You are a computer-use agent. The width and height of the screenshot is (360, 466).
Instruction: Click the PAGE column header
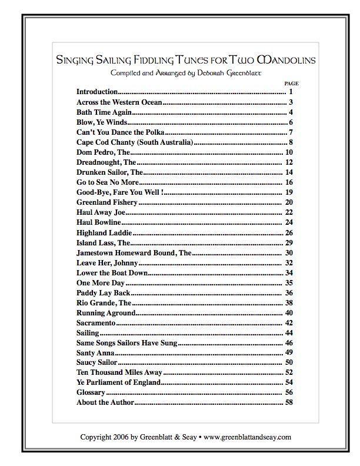[291, 84]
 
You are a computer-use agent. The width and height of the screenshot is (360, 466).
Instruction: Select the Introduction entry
[98, 92]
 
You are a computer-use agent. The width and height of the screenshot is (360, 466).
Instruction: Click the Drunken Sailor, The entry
[110, 172]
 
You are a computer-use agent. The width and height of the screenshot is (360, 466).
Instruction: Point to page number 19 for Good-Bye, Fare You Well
[289, 192]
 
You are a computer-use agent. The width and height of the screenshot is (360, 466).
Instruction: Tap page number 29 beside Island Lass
[289, 242]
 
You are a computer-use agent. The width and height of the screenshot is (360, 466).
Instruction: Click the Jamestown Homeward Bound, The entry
[134, 252]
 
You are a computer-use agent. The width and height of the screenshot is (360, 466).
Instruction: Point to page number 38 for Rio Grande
[289, 302]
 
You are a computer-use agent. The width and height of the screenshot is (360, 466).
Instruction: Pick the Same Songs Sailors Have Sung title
[127, 343]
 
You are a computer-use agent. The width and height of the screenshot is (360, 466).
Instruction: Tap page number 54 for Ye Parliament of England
[289, 382]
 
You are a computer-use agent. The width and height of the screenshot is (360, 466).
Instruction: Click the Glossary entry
[91, 392]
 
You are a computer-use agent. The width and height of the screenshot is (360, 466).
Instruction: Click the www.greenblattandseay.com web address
[248, 437]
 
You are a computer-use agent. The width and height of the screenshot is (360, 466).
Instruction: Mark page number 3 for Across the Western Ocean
[291, 102]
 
